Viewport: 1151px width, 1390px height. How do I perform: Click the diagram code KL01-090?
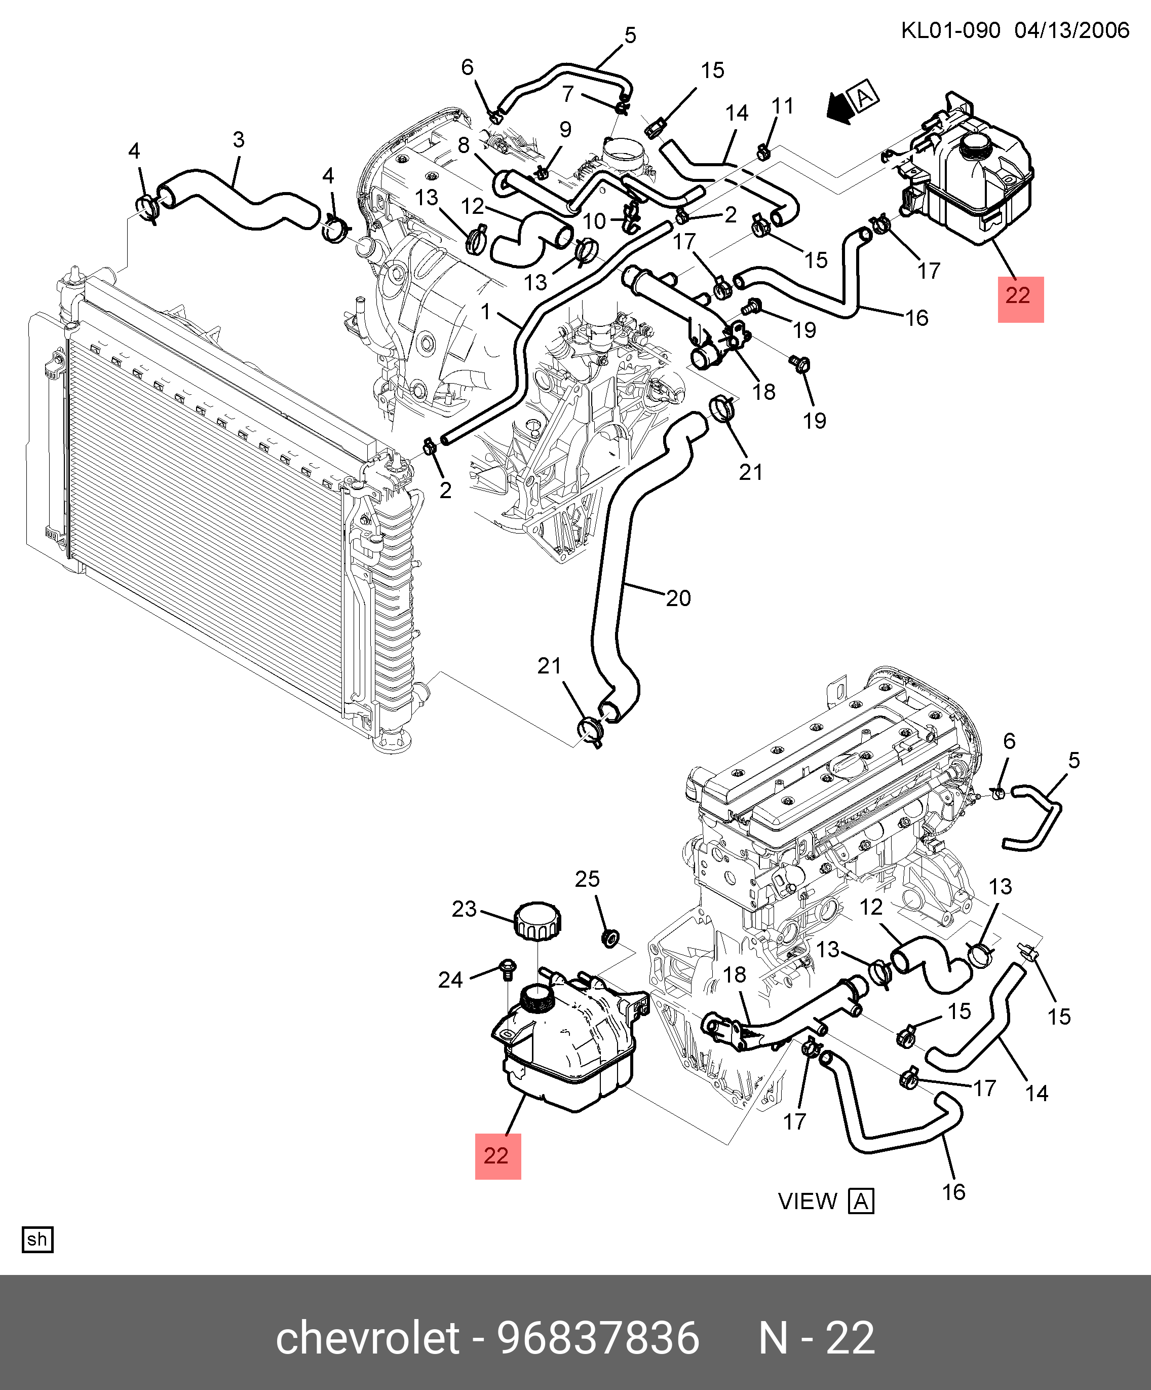pos(950,30)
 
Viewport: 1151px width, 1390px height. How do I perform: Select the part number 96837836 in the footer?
pos(598,1338)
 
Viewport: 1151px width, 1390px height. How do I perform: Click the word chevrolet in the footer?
pos(367,1338)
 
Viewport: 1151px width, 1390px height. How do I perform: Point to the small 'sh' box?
pos(37,1239)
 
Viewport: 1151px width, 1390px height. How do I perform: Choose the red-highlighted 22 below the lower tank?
pos(497,1156)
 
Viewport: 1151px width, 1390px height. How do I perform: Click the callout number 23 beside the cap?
pos(464,909)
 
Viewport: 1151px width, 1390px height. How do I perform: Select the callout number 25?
pos(587,879)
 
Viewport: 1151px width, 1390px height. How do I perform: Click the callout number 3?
pos(239,140)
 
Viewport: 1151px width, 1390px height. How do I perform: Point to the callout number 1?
pos(486,311)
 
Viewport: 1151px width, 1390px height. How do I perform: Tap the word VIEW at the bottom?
pos(807,1200)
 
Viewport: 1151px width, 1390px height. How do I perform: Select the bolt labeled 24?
pos(508,968)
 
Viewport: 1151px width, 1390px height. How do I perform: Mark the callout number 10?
pos(594,221)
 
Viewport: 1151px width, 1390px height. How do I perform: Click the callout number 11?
pos(782,106)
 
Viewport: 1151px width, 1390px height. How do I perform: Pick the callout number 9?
pos(565,129)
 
